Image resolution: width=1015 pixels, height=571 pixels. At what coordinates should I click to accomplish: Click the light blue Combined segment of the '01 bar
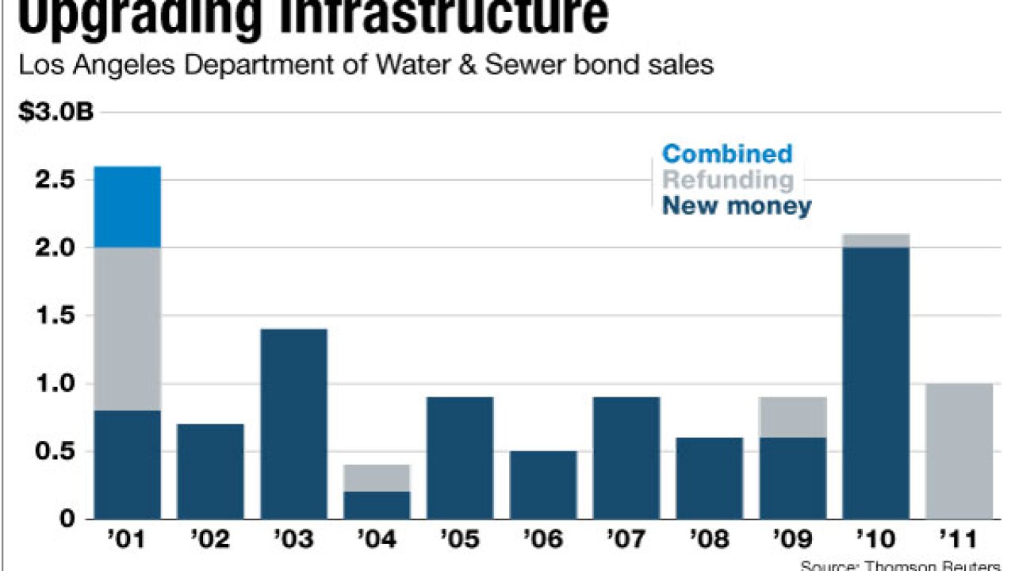(x=128, y=206)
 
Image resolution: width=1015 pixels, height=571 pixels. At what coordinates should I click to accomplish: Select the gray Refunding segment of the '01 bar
(x=128, y=328)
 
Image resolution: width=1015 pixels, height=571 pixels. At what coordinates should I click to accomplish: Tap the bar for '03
(x=293, y=423)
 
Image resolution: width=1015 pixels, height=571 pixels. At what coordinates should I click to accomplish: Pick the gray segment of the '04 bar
(x=377, y=478)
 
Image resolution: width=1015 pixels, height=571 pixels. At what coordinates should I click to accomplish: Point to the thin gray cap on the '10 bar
(x=875, y=240)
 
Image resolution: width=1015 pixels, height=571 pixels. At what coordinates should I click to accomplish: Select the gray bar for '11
(x=959, y=451)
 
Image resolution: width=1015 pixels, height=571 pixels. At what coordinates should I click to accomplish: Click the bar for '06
(x=542, y=485)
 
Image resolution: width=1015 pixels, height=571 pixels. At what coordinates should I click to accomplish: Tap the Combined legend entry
(x=726, y=153)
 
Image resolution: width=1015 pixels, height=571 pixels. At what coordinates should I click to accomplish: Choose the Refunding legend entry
(x=727, y=180)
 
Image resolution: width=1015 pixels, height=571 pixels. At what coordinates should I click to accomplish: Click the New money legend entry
(x=737, y=207)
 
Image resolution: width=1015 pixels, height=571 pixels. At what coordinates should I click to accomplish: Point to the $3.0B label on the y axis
(x=56, y=112)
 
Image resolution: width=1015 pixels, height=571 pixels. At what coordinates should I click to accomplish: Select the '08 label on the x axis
(x=709, y=540)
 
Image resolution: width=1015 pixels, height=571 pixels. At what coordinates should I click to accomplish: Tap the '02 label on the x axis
(x=210, y=540)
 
